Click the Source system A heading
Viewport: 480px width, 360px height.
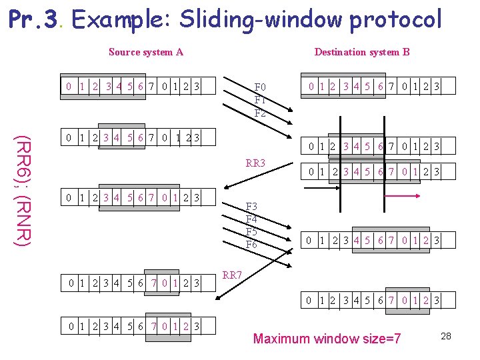coord(145,52)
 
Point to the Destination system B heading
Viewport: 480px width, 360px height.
coord(362,52)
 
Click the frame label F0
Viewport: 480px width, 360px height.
coord(260,87)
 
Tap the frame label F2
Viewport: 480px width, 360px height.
coord(260,113)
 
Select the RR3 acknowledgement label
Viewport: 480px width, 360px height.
coord(255,163)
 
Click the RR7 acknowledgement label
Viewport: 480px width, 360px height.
coord(233,275)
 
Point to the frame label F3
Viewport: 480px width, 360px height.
coord(252,206)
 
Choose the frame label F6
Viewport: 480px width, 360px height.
coord(252,244)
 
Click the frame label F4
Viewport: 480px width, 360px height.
coord(252,219)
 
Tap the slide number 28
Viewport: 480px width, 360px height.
coord(446,336)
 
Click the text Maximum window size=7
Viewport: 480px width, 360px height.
coord(327,339)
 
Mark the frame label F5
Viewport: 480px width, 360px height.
coord(252,231)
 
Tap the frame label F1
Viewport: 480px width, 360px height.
coord(260,100)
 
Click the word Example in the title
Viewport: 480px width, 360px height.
coord(117,19)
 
